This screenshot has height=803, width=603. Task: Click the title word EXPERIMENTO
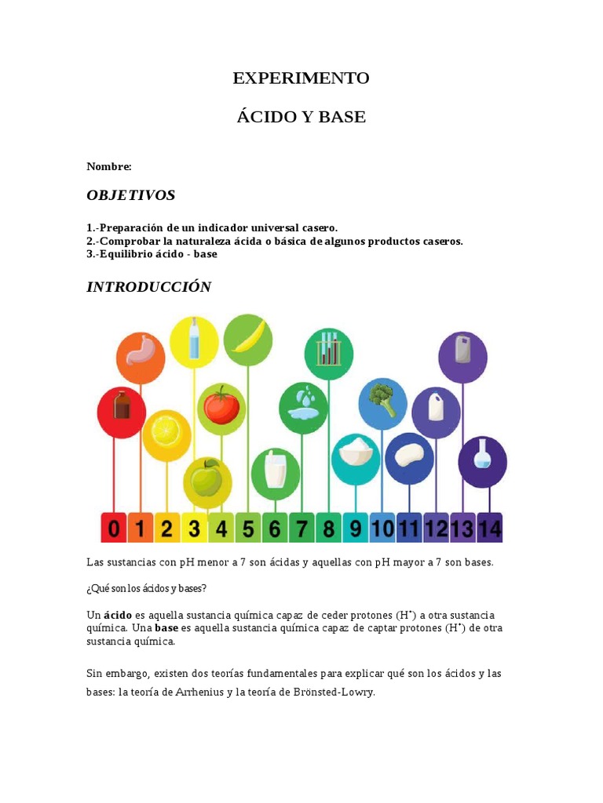tap(301, 78)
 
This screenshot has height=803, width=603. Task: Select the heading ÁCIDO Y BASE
tap(301, 117)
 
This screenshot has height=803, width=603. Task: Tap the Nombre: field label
tap(108, 166)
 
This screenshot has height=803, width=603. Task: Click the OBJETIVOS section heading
tap(130, 195)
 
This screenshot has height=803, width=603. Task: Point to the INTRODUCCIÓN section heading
tap(148, 287)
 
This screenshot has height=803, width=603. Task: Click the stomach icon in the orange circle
tap(141, 358)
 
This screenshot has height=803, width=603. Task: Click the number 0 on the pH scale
tap(114, 529)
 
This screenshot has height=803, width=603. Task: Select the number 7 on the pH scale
tap(301, 529)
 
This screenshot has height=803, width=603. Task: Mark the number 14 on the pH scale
tap(489, 529)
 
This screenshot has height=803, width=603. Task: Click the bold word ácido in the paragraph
tap(117, 615)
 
